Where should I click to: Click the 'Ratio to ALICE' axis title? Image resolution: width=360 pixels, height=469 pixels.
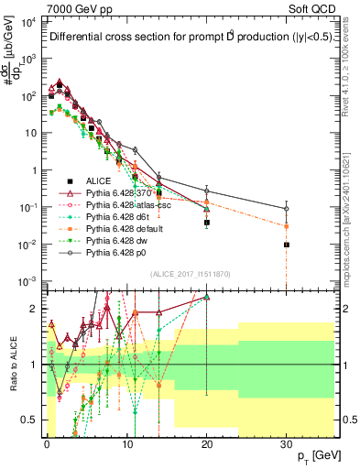point(12,365)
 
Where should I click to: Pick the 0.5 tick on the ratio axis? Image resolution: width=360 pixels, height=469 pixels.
point(30,420)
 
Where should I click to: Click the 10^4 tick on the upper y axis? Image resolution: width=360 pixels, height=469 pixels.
point(27,21)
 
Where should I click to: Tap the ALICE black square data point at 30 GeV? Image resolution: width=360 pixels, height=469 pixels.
point(287,245)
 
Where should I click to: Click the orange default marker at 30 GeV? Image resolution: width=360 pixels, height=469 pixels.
point(287,225)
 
